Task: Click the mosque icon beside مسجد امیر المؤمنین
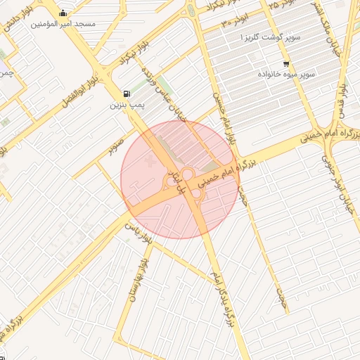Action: [63, 13]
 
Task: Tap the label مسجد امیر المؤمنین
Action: [63, 23]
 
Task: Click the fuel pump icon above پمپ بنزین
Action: [126, 94]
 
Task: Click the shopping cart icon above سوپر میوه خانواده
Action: [286, 64]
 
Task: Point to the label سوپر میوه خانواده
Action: [285, 74]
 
